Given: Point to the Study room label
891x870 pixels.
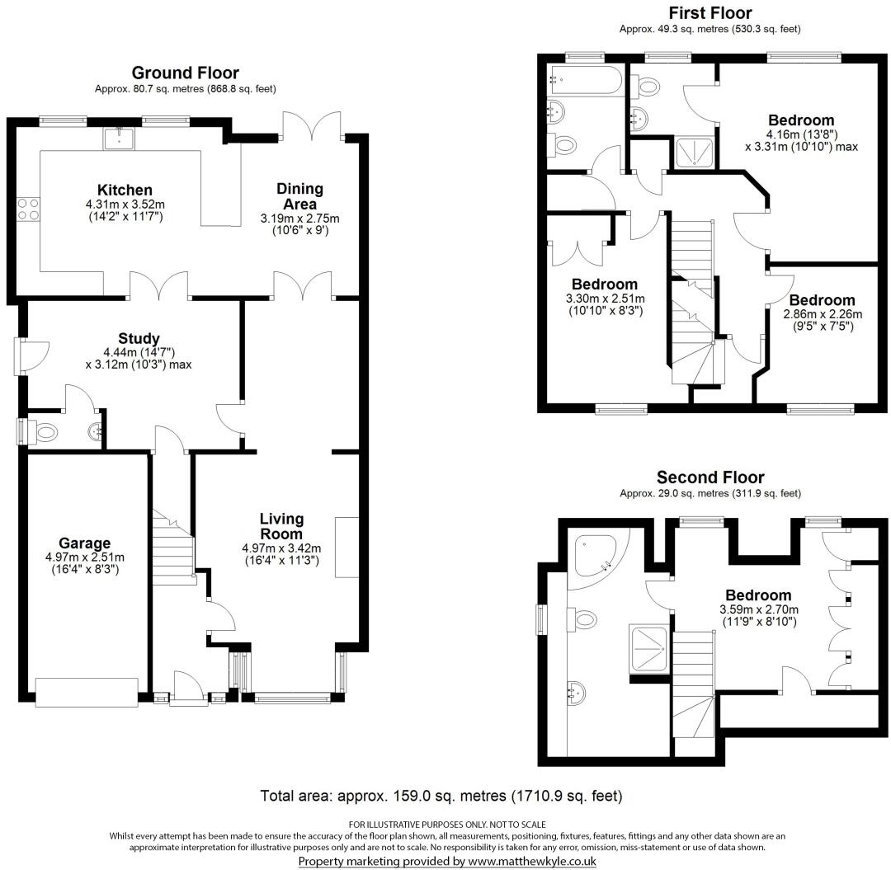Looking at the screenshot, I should coord(139,338).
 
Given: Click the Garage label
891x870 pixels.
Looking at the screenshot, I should coord(84,543).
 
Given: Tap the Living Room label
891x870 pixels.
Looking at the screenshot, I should coord(281,526).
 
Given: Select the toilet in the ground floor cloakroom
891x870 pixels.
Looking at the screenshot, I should coord(46,431).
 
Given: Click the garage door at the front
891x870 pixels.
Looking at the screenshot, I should coord(87,692).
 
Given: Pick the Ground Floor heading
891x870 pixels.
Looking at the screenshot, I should coord(185,73).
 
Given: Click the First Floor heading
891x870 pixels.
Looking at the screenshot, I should coord(710,12).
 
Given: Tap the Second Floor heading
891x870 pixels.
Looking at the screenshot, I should coord(710,477).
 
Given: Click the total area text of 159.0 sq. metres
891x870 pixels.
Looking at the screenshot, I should coord(441,796).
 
